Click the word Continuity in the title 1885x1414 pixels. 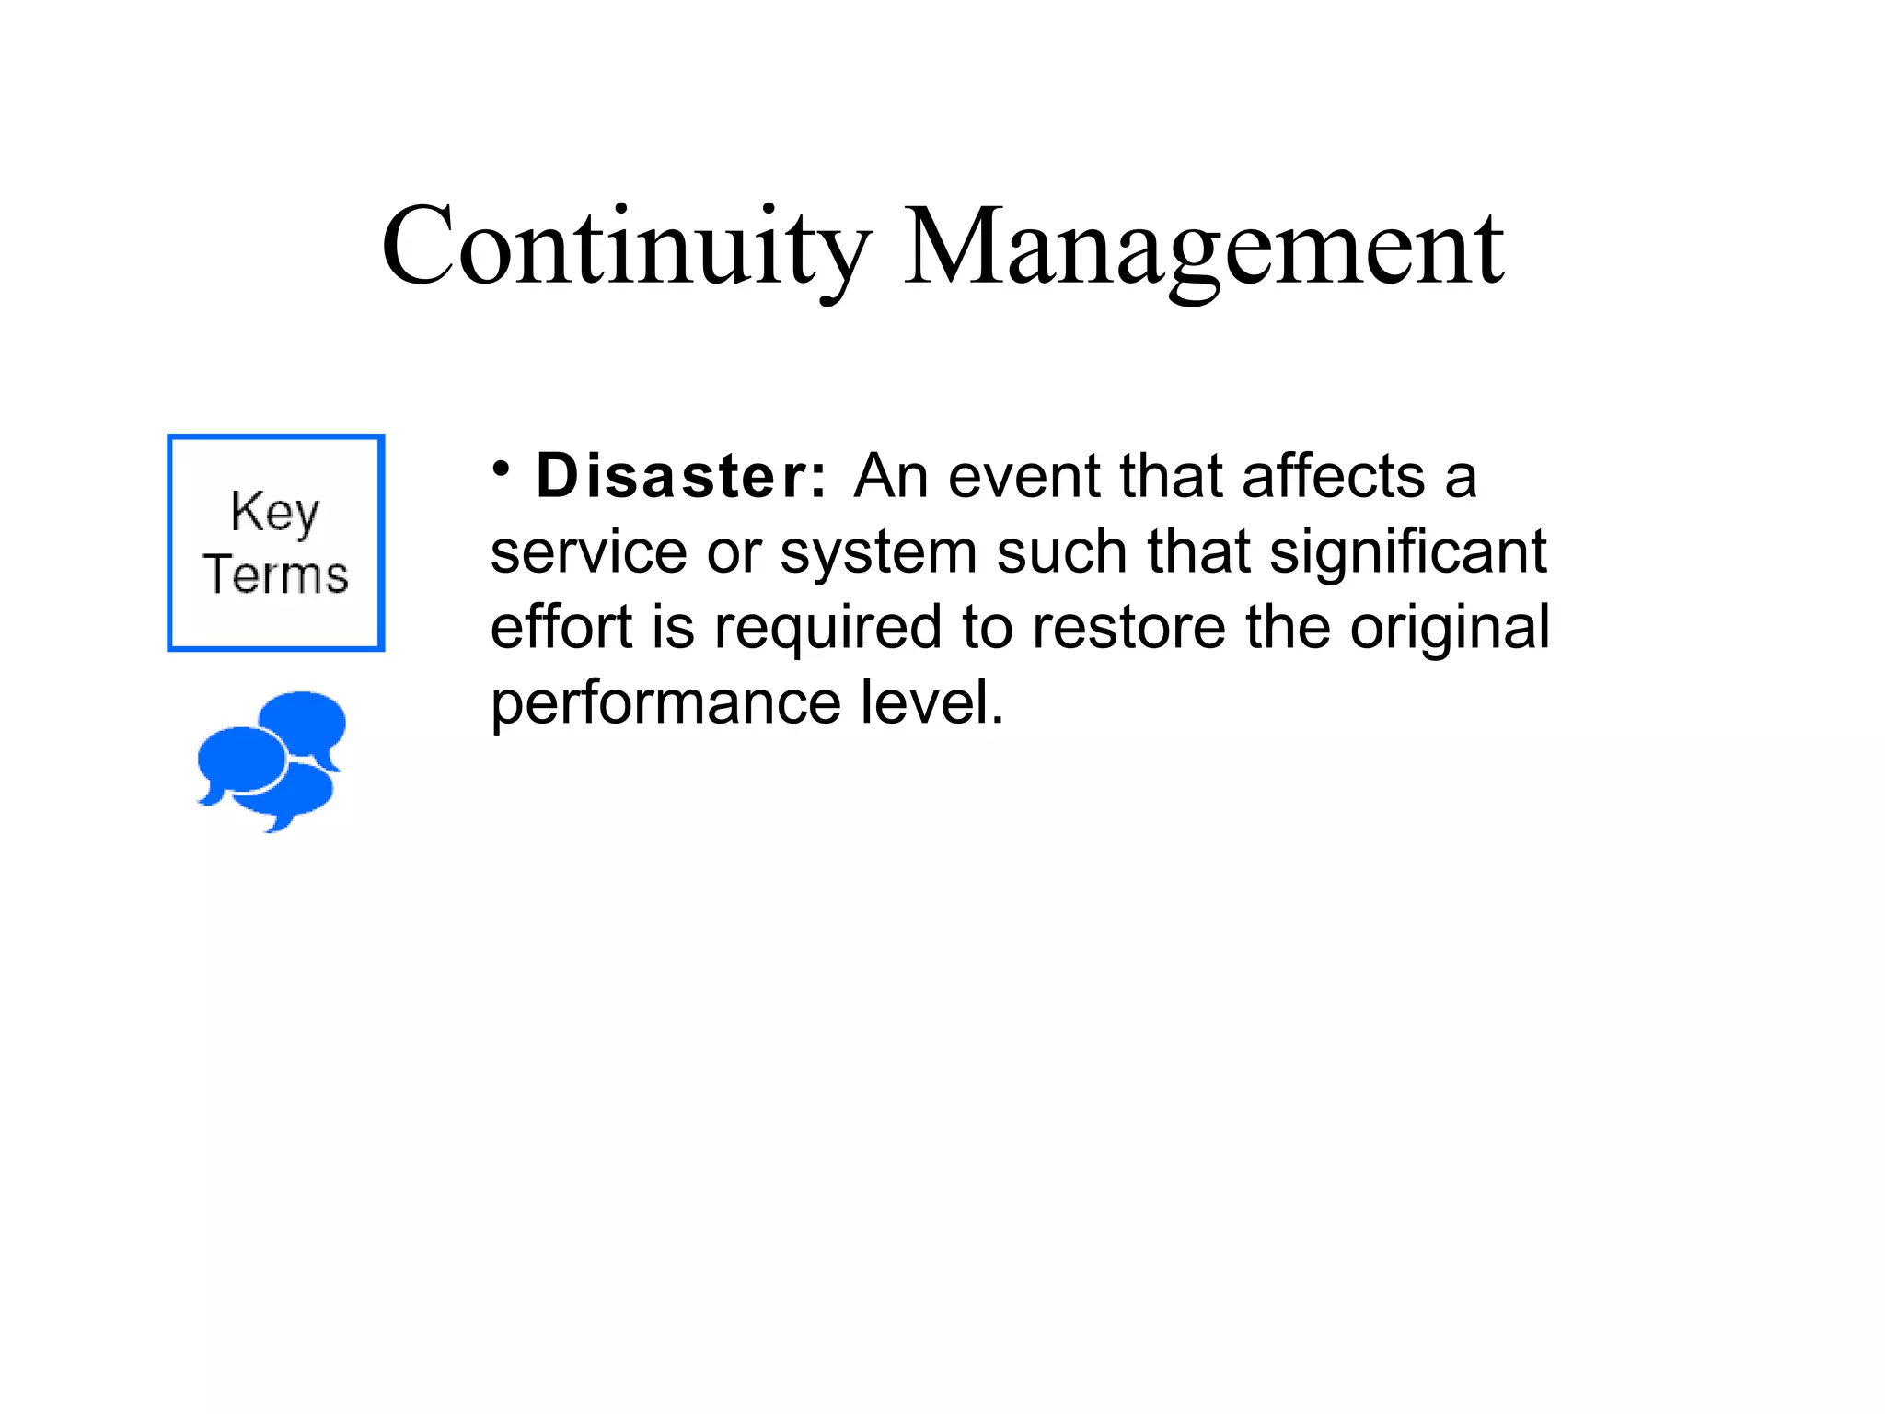point(626,247)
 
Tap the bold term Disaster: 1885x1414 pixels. point(681,477)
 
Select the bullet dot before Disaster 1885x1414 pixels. point(501,469)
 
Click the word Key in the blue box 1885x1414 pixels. point(275,512)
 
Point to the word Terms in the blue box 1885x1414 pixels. point(275,574)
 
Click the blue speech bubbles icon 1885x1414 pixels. point(272,760)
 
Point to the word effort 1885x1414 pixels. point(561,628)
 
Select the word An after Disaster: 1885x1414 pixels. point(890,477)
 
